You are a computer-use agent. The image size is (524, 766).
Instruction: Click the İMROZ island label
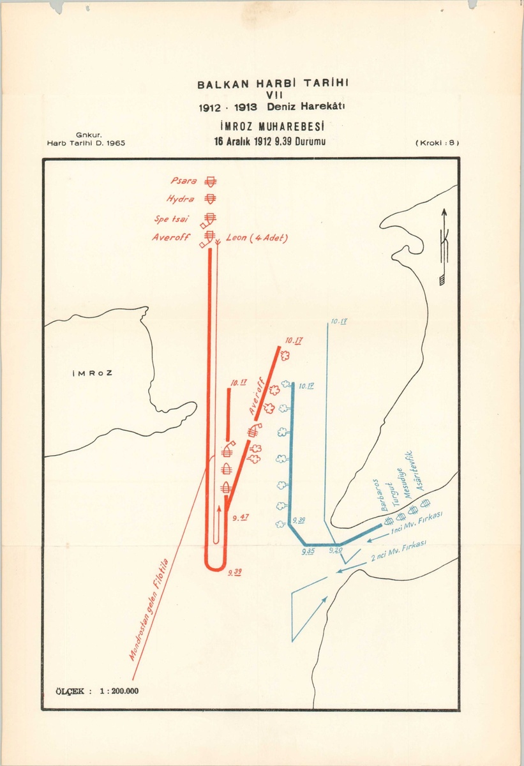92,373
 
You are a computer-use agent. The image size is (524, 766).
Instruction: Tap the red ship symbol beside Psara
208,182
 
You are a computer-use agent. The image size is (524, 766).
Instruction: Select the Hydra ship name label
181,200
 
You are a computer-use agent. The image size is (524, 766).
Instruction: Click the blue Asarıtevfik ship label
419,473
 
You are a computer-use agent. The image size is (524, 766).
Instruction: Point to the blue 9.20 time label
335,550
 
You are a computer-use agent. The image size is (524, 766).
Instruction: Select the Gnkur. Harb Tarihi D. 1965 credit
86,139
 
